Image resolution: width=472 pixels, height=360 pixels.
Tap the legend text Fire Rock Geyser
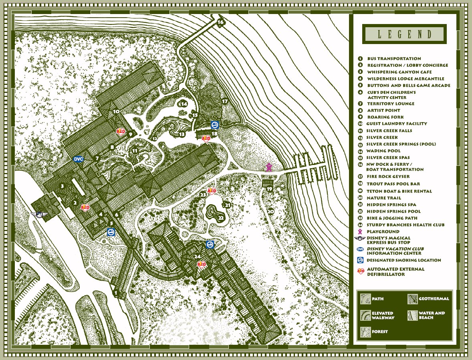388,177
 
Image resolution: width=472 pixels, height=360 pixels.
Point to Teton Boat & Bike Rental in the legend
399,191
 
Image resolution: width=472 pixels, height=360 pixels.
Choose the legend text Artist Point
383,110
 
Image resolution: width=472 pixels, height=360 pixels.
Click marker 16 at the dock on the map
220,22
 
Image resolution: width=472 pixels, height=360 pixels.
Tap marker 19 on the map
270,189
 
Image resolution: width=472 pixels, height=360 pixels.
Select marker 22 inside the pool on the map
221,218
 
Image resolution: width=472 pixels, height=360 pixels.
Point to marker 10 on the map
117,112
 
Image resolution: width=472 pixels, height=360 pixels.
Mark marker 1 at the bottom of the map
116,294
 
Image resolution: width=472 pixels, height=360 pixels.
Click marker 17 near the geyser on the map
225,102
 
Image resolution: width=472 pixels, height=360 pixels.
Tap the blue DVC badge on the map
79,159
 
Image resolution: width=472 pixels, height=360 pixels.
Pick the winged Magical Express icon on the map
40,215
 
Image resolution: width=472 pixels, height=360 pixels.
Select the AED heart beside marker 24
202,264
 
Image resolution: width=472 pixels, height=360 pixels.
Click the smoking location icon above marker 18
215,124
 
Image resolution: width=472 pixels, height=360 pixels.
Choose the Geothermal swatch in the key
412,299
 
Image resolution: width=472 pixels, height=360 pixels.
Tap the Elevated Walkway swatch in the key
365,315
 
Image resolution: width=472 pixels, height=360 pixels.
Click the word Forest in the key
380,332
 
